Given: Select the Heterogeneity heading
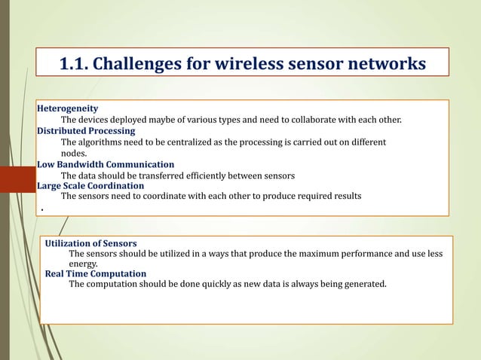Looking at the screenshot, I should click(x=68, y=108).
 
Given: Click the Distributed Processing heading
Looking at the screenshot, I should click(x=86, y=130).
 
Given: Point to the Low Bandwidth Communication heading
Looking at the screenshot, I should click(x=106, y=164).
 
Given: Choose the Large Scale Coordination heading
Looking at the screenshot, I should click(x=90, y=185).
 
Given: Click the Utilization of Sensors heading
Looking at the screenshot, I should click(x=90, y=243).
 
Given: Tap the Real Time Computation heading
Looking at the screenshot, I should click(x=96, y=273).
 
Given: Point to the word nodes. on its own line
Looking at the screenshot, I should click(x=74, y=153).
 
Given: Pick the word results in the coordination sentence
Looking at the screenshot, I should click(x=346, y=196).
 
